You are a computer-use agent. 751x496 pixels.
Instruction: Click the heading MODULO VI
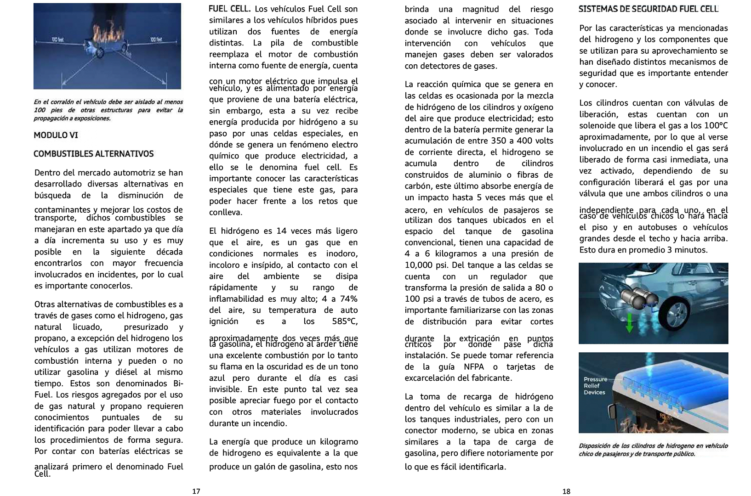[x=56, y=135]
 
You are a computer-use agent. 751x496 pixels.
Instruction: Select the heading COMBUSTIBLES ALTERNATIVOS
[x=94, y=154]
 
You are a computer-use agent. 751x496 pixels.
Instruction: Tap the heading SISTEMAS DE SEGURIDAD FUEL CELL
[x=649, y=9]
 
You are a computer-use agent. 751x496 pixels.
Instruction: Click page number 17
[x=196, y=491]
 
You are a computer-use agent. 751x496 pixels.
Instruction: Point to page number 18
[x=566, y=491]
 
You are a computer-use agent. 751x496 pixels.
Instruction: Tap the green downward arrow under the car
[x=630, y=324]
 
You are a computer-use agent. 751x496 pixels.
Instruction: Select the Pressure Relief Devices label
[x=595, y=386]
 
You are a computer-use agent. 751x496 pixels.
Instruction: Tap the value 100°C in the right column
[x=712, y=125]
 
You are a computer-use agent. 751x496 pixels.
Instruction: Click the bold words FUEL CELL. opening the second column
[x=229, y=9]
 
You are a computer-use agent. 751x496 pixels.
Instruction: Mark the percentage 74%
[x=347, y=299]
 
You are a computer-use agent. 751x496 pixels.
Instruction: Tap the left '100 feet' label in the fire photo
[x=57, y=40]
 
